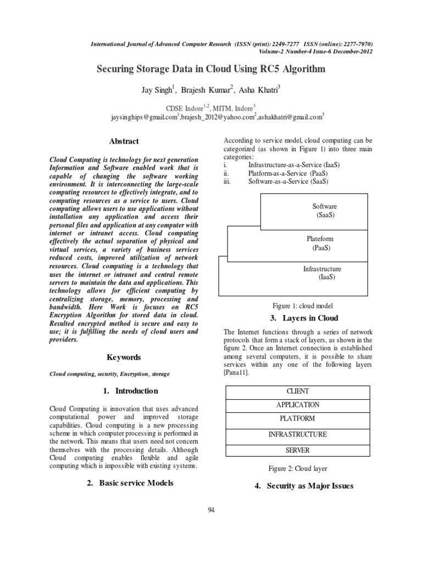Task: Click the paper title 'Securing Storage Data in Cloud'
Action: (211, 69)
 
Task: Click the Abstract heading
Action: (124, 141)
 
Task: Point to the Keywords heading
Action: (124, 357)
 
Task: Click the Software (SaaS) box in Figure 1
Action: (325, 211)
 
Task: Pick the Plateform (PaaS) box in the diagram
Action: (320, 243)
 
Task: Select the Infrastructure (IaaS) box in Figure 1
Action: (323, 273)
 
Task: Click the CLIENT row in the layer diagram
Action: (297, 391)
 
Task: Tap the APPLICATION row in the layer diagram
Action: (297, 405)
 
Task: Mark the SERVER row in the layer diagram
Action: (297, 450)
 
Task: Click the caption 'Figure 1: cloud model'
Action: (303, 306)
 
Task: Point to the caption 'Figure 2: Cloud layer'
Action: (297, 468)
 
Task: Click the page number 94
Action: (211, 511)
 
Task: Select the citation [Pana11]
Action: (234, 373)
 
